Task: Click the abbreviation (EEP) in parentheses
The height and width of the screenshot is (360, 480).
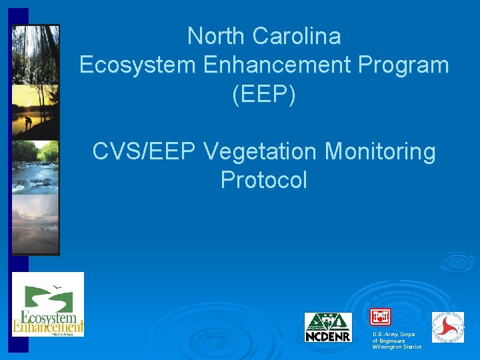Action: coord(263,94)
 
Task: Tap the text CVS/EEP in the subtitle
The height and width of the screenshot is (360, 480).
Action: coord(144,151)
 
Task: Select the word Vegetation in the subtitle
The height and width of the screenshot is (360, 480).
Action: coord(261,151)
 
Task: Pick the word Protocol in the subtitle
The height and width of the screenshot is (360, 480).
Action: coord(263,180)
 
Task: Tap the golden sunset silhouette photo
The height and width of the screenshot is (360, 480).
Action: coord(35,111)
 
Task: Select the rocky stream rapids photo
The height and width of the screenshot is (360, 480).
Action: coord(35,167)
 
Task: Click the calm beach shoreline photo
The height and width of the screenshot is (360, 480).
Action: coord(35,223)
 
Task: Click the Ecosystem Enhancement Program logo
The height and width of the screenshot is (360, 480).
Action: coord(48,305)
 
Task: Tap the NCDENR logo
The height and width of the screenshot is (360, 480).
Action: coord(328,327)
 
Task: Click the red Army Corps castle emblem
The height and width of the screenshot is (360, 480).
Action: coord(380,317)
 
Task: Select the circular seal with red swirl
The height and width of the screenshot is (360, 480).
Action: coord(448,327)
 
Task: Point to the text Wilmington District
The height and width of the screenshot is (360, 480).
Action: coord(397,347)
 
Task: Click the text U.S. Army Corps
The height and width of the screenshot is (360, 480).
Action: coord(394,334)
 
